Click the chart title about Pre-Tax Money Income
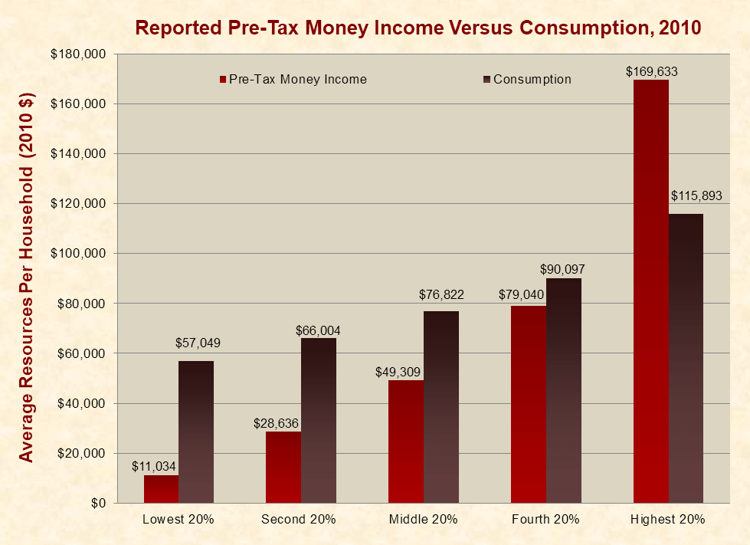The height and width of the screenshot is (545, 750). click(418, 28)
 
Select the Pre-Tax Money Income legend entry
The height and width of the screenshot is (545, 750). click(294, 79)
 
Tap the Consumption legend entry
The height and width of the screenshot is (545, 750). click(529, 79)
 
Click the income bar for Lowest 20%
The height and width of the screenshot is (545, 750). click(161, 489)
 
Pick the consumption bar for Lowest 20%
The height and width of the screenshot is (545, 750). click(196, 432)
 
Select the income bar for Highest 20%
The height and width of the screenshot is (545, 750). click(651, 291)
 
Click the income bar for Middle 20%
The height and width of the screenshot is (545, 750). click(406, 442)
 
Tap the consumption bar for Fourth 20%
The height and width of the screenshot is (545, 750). click(564, 390)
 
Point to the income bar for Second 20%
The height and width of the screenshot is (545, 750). click(283, 467)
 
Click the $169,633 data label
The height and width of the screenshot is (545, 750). click(651, 72)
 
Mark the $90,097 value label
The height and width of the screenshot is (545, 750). click(564, 269)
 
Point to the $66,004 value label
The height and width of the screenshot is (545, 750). click(318, 330)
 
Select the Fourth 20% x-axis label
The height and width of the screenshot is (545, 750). click(545, 519)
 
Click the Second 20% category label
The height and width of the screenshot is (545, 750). click(299, 519)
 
